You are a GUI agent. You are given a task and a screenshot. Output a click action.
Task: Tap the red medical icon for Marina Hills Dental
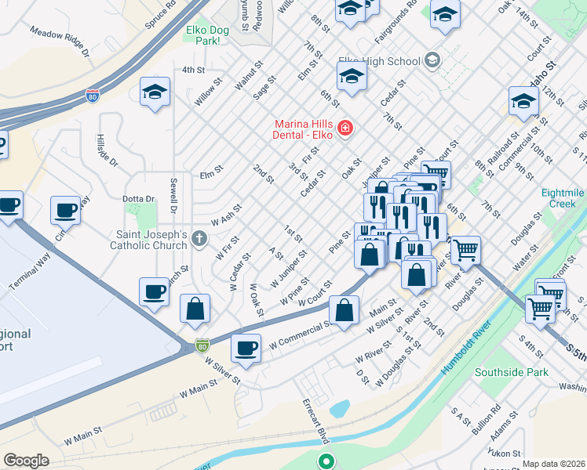coord(344,128)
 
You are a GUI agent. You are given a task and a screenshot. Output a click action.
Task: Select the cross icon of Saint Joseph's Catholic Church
coord(201,237)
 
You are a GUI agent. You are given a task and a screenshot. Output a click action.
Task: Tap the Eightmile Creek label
coord(563,197)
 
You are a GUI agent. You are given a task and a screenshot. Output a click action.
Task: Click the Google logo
coord(26,460)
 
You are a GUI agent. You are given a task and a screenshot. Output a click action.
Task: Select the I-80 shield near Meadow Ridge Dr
coord(93,96)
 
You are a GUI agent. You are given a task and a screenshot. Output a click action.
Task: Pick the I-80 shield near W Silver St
coord(202,344)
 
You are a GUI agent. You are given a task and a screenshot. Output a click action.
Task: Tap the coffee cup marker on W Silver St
coord(246,347)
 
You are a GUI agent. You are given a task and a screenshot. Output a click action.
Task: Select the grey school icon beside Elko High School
coord(432,60)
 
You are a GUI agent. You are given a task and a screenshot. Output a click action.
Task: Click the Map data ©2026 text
coord(552,464)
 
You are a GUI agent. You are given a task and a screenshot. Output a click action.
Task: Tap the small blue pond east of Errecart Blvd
coord(339,408)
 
